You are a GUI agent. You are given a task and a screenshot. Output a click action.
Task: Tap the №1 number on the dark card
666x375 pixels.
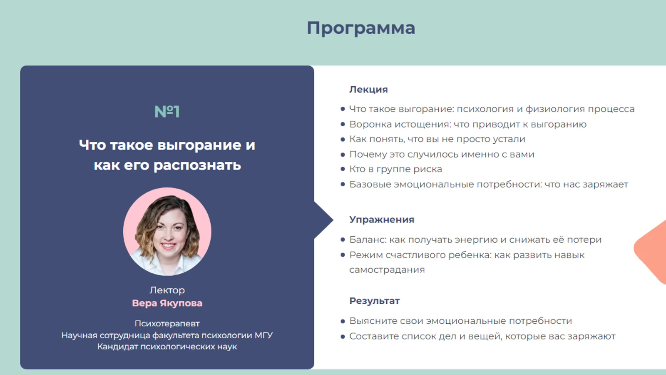pyautogui.click(x=167, y=112)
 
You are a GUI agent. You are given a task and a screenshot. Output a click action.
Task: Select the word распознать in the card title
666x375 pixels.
pyautogui.click(x=197, y=165)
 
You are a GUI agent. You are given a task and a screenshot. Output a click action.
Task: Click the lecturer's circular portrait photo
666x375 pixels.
pyautogui.click(x=167, y=232)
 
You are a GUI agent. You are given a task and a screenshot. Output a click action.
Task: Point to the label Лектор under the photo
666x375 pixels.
pyautogui.click(x=167, y=290)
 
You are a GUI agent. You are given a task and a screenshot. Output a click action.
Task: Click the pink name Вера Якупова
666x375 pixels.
pyautogui.click(x=167, y=303)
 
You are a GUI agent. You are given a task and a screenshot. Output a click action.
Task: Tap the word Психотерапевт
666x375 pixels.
pyautogui.click(x=167, y=323)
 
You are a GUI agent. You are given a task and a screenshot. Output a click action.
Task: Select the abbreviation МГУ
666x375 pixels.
pyautogui.click(x=263, y=335)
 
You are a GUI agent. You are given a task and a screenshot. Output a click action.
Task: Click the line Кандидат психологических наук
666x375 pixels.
pyautogui.click(x=167, y=347)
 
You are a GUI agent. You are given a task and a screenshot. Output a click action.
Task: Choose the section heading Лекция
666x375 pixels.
pyautogui.click(x=368, y=89)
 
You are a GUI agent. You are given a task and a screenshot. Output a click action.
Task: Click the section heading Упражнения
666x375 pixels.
pyautogui.click(x=382, y=220)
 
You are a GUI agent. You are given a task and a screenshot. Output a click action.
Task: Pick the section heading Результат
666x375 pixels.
pyautogui.click(x=374, y=301)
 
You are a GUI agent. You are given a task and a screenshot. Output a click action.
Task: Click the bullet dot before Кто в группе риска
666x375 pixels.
pyautogui.click(x=343, y=169)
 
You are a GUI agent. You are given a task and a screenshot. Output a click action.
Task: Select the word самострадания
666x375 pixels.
pyautogui.click(x=387, y=270)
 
